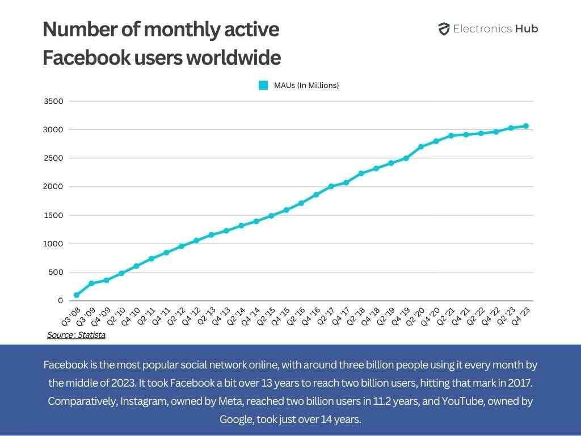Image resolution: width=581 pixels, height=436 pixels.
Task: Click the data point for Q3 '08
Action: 76,295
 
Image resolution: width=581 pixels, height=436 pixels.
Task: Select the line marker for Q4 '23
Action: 525,126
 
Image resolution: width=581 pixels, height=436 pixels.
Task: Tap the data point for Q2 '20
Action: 421,146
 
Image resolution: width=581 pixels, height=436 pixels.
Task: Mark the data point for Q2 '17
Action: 331,186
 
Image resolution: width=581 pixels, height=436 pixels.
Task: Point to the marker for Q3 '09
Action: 91,283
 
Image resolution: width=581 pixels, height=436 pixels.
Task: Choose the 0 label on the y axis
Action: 59,300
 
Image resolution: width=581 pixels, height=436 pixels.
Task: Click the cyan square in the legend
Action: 263,85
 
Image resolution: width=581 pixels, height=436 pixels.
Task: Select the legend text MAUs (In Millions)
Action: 306,85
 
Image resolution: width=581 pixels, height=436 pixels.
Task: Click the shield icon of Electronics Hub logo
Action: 444,29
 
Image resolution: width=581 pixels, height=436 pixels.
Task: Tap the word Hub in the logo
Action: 527,29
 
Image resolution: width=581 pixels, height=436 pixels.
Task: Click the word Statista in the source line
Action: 91,335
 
